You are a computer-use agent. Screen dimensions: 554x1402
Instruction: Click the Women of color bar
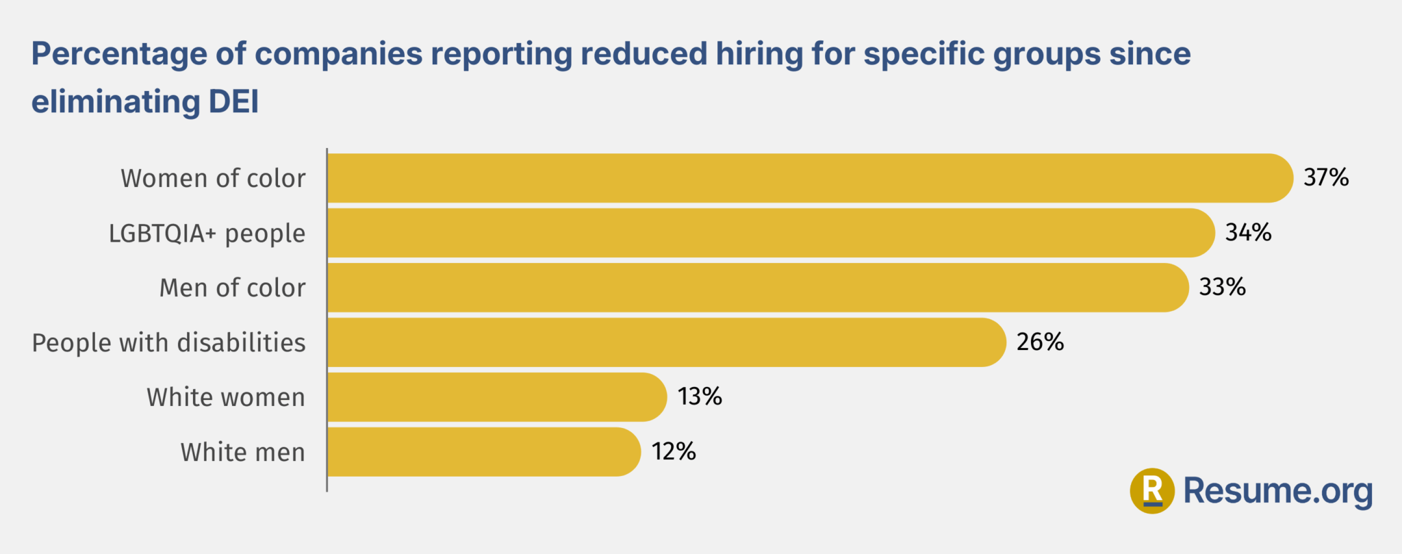tap(808, 178)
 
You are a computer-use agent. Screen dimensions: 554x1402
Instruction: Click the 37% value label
tap(1326, 177)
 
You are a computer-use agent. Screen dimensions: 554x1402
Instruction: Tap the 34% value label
tap(1248, 233)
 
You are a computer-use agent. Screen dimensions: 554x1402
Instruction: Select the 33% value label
tap(1222, 287)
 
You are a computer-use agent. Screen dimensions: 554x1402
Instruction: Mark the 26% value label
tap(1040, 342)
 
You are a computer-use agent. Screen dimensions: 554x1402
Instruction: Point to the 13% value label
tap(700, 396)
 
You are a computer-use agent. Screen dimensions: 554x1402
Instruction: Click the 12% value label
tap(674, 451)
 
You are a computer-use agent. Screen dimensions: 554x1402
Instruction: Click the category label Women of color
tap(213, 178)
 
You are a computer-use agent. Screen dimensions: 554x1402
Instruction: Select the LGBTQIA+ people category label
tap(207, 234)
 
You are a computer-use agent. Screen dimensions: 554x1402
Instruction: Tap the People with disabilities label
tap(168, 342)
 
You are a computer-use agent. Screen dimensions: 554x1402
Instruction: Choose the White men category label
tap(242, 453)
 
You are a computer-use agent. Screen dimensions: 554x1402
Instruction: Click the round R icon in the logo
tap(1152, 490)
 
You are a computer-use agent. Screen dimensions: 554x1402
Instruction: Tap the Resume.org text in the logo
tap(1277, 491)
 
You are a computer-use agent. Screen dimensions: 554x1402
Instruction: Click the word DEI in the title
tap(233, 101)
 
